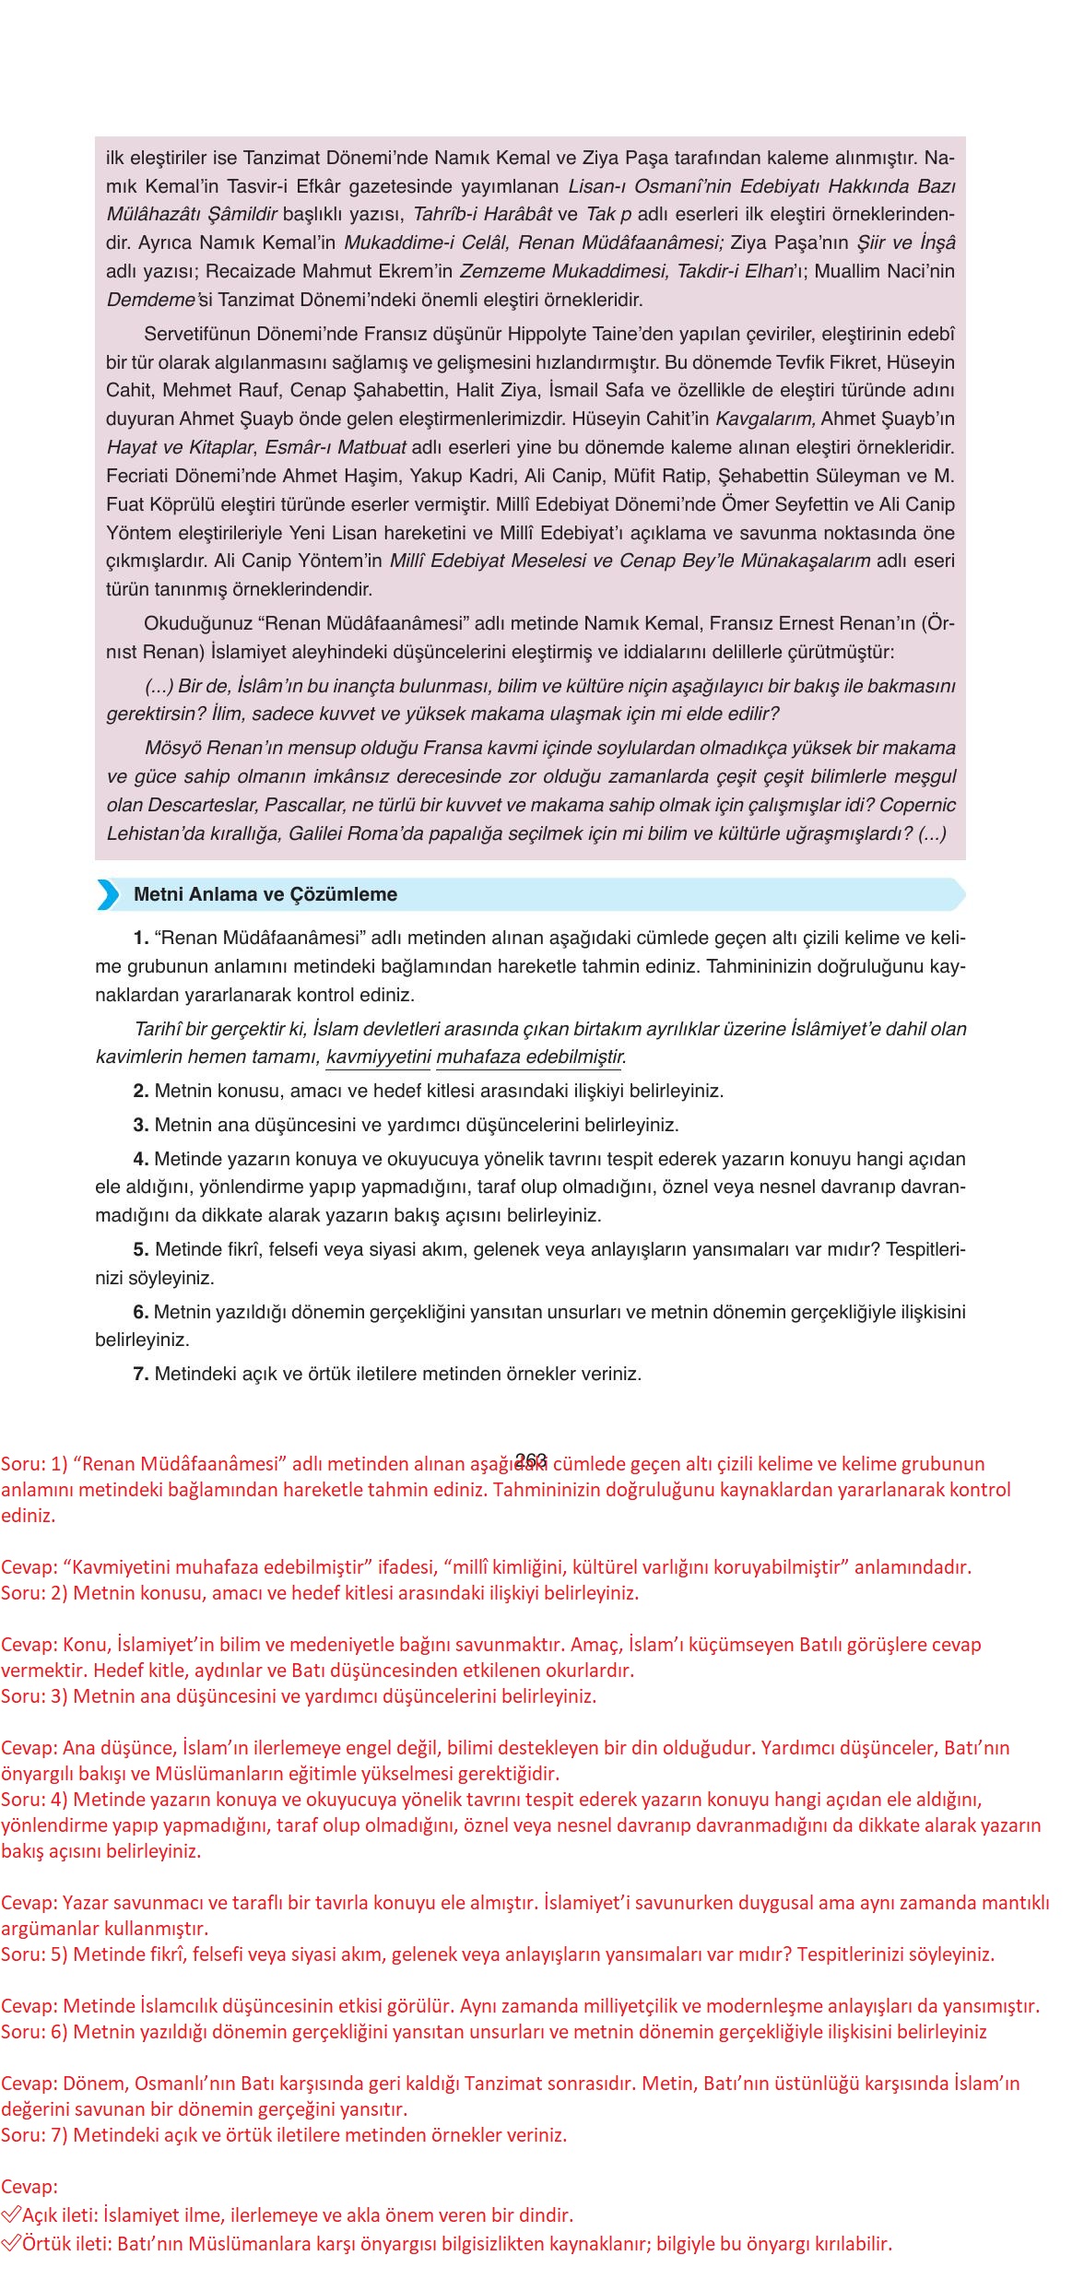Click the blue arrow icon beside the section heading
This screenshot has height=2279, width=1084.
(x=109, y=894)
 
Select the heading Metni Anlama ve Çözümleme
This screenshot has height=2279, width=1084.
(x=265, y=894)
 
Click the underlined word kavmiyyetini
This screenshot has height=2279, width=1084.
(x=378, y=1057)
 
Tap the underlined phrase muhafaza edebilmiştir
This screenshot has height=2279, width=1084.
(x=530, y=1057)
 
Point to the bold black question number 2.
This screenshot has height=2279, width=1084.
(x=141, y=1092)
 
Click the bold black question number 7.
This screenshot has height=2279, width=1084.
(x=141, y=1374)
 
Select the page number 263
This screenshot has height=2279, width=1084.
(x=531, y=1459)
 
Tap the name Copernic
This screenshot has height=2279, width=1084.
(x=917, y=805)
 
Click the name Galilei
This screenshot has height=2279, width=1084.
(x=326, y=833)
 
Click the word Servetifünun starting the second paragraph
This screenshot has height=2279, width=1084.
(x=200, y=334)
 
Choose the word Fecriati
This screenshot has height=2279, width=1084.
(x=139, y=477)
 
